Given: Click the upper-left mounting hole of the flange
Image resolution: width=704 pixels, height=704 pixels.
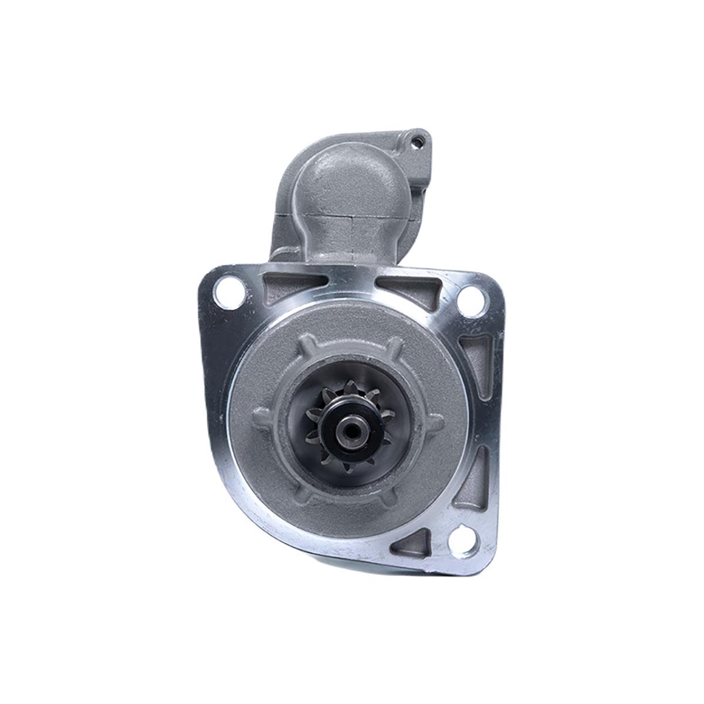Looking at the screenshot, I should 227,293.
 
